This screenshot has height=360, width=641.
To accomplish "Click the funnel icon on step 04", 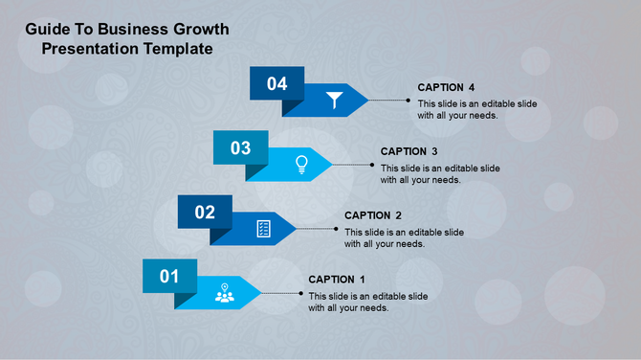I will (x=333, y=100).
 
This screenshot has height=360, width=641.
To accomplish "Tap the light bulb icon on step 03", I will (x=301, y=164).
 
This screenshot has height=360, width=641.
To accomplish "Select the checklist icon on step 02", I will (x=264, y=228).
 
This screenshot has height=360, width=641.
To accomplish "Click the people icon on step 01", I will (x=225, y=293).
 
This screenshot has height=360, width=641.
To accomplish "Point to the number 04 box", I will (x=276, y=83).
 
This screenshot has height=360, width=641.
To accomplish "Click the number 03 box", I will (x=240, y=147).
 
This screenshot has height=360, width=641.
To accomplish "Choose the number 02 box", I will (x=205, y=212).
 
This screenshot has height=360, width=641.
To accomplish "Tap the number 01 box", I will (x=169, y=276).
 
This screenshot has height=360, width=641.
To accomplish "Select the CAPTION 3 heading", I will (x=409, y=151).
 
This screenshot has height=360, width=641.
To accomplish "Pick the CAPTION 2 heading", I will (x=373, y=215).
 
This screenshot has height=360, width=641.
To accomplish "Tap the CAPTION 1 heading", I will (x=338, y=280).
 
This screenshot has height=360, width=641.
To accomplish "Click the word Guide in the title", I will (x=46, y=29).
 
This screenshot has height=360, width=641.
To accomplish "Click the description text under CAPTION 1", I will (x=367, y=302).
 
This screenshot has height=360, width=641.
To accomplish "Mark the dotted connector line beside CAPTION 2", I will (x=318, y=228).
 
